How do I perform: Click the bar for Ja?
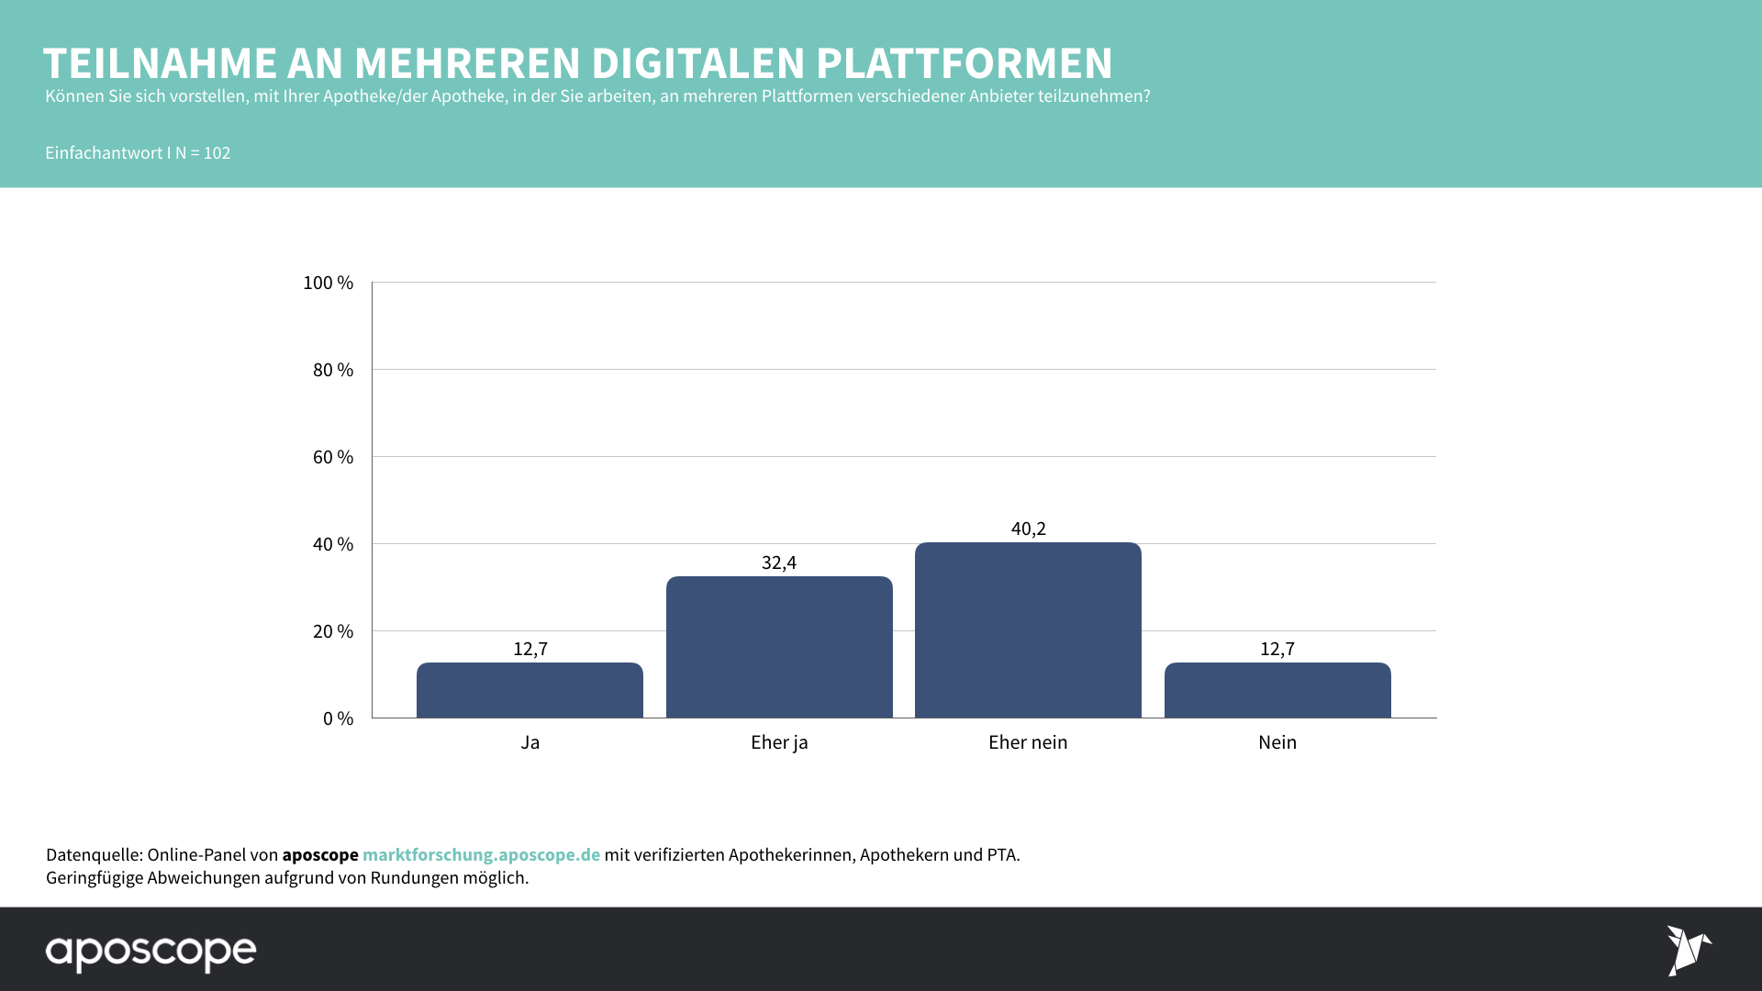[x=530, y=690]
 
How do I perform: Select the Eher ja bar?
[x=779, y=647]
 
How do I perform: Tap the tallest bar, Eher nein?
[x=1028, y=630]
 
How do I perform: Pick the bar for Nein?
[x=1277, y=690]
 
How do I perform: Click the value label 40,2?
[x=1028, y=529]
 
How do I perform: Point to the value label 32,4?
[x=779, y=562]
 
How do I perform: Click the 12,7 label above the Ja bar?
[x=530, y=649]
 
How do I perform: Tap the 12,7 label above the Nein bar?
[x=1277, y=649]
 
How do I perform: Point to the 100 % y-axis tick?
[x=328, y=283]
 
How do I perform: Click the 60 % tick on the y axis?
[x=332, y=457]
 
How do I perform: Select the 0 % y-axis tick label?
[x=338, y=718]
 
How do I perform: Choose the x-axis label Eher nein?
[x=1028, y=742]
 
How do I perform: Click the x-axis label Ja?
[x=530, y=742]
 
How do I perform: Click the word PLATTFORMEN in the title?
[x=964, y=63]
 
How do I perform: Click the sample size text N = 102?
[x=203, y=153]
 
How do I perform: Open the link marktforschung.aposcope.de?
[x=481, y=854]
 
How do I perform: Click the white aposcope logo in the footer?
[x=151, y=952]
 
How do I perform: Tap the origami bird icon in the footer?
[x=1688, y=950]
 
